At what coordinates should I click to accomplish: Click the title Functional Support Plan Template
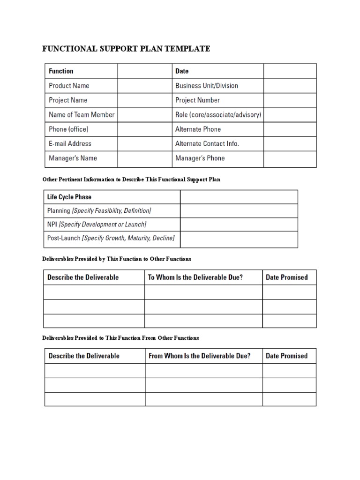click(x=127, y=49)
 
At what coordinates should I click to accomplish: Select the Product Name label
click(x=69, y=86)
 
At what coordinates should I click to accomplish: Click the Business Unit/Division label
click(x=206, y=86)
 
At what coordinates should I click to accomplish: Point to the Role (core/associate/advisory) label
click(x=218, y=115)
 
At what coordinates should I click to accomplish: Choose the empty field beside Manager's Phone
click(x=290, y=158)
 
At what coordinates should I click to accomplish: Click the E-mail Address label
click(x=70, y=144)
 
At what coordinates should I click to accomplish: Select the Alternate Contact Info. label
click(x=207, y=144)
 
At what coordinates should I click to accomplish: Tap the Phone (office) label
click(x=68, y=129)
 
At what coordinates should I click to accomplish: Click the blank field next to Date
click(x=290, y=71)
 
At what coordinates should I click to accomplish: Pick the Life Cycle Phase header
click(x=69, y=197)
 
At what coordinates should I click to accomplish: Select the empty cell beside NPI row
click(x=239, y=225)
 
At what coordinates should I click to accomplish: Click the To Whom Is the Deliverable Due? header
click(x=195, y=277)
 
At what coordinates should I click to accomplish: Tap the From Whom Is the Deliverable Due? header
click(x=199, y=356)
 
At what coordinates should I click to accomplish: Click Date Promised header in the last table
click(x=286, y=356)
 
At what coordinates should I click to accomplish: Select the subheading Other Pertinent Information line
click(x=131, y=180)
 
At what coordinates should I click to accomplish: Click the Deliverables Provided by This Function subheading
click(x=117, y=259)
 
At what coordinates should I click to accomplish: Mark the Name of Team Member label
click(x=82, y=115)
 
